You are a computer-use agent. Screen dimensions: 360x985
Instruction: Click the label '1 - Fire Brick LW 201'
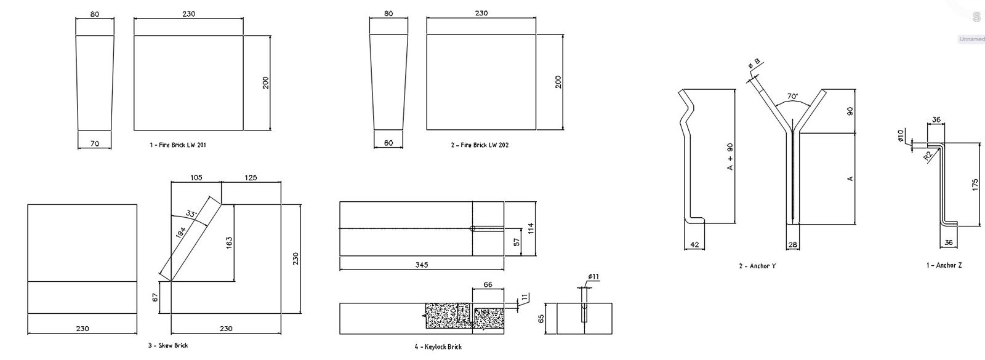[x=178, y=145]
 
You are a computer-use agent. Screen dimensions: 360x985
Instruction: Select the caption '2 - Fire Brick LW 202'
[x=480, y=145]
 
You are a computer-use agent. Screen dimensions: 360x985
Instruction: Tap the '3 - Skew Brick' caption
[x=167, y=345]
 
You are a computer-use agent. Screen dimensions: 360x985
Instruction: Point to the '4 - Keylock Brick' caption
[x=438, y=346]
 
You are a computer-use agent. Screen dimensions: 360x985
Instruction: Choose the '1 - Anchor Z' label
[x=944, y=265]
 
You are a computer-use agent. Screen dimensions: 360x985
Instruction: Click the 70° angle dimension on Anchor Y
[x=792, y=97]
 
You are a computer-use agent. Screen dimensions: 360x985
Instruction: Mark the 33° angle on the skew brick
[x=191, y=214]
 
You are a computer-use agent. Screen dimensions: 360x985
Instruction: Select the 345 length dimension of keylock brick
[x=421, y=265]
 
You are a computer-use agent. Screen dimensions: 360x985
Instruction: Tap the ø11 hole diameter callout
[x=593, y=277]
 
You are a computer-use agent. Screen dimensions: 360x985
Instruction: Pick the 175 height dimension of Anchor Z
[x=975, y=185]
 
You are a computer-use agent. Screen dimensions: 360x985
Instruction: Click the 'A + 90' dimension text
[x=730, y=156]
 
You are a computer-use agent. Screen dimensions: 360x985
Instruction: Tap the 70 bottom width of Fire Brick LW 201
[x=95, y=143]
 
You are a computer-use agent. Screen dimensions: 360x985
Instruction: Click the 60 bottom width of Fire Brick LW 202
[x=388, y=143]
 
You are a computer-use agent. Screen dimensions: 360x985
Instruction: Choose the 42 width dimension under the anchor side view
[x=694, y=244]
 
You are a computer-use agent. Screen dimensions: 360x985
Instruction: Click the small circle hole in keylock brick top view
[x=472, y=228]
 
